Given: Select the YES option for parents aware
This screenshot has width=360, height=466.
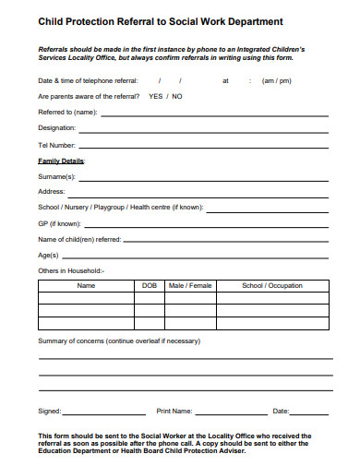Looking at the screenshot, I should click(156, 96).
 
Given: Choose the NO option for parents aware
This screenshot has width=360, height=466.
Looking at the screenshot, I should click(177, 96).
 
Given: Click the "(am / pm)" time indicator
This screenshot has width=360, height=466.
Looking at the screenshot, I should click(277, 80).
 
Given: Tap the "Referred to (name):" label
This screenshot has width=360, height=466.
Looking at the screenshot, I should click(67, 112).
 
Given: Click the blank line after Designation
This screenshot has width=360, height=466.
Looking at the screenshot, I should click(203, 130).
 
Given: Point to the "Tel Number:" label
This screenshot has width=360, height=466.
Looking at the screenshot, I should click(57, 144).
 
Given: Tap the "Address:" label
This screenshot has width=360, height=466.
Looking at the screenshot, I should click(52, 192).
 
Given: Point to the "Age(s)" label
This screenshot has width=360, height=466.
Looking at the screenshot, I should click(49, 255).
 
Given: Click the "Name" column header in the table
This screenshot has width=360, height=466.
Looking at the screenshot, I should click(86, 286).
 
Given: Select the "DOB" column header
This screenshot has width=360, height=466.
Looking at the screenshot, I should click(150, 286).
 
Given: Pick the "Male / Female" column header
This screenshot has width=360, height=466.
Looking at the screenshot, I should click(190, 286).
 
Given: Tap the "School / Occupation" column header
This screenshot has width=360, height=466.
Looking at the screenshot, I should click(272, 286).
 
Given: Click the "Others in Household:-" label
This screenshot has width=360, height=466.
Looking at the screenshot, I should click(71, 271).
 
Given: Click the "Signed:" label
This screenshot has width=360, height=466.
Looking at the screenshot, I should click(50, 411).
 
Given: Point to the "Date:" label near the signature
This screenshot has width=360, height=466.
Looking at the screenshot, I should click(282, 411).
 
